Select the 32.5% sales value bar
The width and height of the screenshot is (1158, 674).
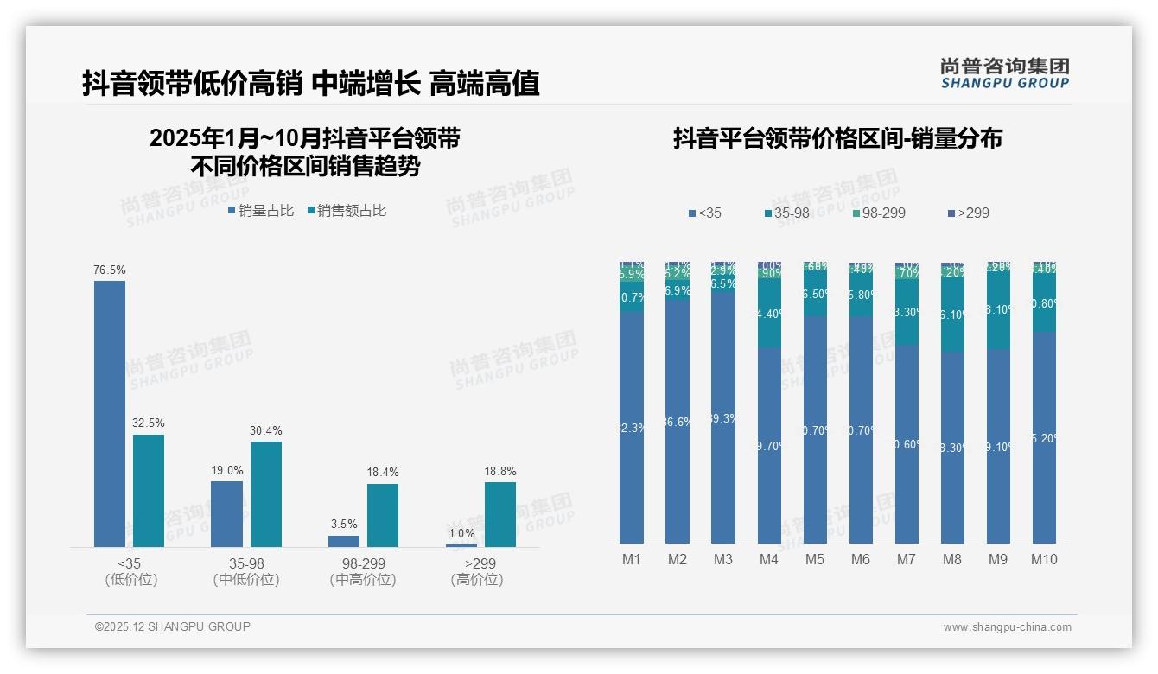(149, 490)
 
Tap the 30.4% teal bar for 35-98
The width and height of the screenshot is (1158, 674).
(266, 493)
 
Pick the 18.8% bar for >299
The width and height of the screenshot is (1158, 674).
(500, 514)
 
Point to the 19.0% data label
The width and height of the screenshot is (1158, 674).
(227, 471)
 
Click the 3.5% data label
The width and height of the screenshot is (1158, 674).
(344, 525)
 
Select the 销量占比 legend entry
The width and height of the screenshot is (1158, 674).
(261, 211)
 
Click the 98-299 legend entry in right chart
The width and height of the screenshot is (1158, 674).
(878, 213)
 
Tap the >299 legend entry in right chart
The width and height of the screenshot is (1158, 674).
(968, 213)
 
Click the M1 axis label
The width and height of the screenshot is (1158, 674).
(632, 560)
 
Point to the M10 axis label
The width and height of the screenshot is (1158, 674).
(1044, 560)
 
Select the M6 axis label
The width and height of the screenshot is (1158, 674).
(861, 560)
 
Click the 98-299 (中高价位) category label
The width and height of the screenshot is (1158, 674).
(363, 571)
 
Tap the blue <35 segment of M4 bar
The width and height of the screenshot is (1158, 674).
(769, 445)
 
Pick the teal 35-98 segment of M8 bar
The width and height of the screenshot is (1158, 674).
(952, 315)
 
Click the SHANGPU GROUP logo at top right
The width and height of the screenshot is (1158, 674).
(1005, 73)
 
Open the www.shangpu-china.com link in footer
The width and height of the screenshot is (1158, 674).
(1007, 627)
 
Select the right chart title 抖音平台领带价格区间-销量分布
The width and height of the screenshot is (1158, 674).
(837, 138)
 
